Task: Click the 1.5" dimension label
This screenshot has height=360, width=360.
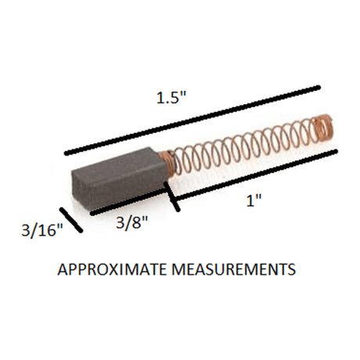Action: point(171,98)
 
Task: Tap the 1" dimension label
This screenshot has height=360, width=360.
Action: point(254,200)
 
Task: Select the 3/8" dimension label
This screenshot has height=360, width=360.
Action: point(131,222)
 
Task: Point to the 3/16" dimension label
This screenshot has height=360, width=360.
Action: point(42,230)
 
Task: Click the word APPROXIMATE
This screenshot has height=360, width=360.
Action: point(112,269)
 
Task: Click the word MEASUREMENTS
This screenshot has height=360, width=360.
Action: point(234,269)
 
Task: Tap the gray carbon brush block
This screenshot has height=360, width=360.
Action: point(121,178)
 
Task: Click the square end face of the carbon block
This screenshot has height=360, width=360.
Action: point(81,189)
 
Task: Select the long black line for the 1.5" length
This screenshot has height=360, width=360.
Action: point(193,121)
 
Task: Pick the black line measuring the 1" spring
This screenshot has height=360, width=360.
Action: point(256,175)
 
